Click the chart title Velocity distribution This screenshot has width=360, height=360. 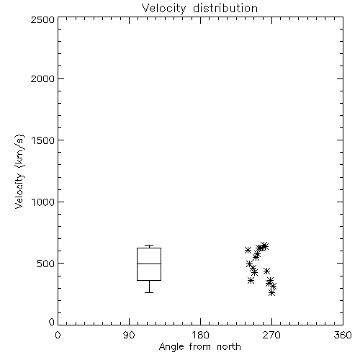pos(199,9)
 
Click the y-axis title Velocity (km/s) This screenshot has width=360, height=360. pos(19,171)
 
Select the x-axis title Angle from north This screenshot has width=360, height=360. pos(199,347)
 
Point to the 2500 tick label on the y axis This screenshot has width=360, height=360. pos(42,19)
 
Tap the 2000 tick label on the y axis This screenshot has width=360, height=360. pos(42,78)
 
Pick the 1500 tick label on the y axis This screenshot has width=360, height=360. pos(43,140)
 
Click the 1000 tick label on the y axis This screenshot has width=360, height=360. pos(43,202)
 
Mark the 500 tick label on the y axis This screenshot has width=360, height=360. pos(46,264)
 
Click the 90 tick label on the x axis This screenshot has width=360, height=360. pos(129,335)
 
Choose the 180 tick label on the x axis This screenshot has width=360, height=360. pos(200,335)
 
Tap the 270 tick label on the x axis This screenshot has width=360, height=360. pos(271,335)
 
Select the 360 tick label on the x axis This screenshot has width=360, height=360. pos(343,335)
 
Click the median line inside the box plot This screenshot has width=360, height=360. pos(149,264)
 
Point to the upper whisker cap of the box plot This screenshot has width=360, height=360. pos(149,245)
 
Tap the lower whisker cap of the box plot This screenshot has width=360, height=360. pos(149,292)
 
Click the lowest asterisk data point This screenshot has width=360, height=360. pos(271,292)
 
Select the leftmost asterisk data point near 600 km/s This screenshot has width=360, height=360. pos(248,250)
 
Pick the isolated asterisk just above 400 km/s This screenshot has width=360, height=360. pos(266,271)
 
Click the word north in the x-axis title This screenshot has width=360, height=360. pos(229,347)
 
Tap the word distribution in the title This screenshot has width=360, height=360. pos(225,8)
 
